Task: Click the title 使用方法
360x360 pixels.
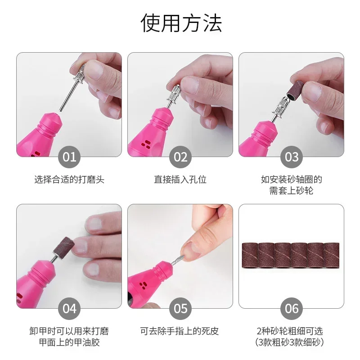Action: (x=180, y=22)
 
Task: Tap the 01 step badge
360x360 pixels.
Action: (x=69, y=157)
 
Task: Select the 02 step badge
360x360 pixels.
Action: (x=180, y=157)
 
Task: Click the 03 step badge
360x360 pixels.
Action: (x=292, y=157)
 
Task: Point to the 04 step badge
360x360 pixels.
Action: (x=69, y=308)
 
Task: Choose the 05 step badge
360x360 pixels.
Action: (x=180, y=308)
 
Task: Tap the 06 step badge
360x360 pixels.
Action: (x=292, y=308)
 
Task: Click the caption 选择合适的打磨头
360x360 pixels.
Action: (x=69, y=180)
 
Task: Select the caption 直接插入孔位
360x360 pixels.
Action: (x=180, y=180)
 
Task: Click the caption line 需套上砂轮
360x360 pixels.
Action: (x=292, y=191)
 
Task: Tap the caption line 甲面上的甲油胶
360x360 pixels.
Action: (x=69, y=342)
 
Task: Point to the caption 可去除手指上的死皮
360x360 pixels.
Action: (x=180, y=332)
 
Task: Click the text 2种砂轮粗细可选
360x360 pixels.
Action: (x=292, y=332)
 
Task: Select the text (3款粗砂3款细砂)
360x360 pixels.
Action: (x=292, y=342)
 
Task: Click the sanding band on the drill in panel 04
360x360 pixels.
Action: (x=63, y=245)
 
